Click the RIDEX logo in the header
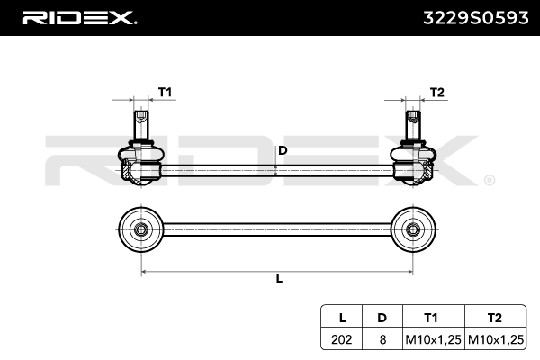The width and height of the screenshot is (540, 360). pyautogui.click(x=79, y=17)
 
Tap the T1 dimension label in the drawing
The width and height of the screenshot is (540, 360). pyautogui.click(x=166, y=92)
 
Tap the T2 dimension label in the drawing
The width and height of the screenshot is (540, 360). pyautogui.click(x=437, y=92)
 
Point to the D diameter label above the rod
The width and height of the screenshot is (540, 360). pyautogui.click(x=282, y=150)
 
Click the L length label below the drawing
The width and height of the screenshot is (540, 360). pyautogui.click(x=279, y=278)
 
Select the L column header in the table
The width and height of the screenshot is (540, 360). pyautogui.click(x=342, y=318)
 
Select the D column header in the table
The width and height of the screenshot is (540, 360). pyautogui.click(x=382, y=318)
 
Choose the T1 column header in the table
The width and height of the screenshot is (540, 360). pyautogui.click(x=431, y=318)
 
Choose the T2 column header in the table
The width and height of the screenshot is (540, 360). pyautogui.click(x=495, y=318)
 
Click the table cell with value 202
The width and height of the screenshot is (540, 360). pyautogui.click(x=342, y=339)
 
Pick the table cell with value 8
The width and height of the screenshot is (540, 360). pyautogui.click(x=382, y=339)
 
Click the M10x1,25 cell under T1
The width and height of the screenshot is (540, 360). pyautogui.click(x=431, y=339)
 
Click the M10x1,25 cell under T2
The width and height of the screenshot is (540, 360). pyautogui.click(x=495, y=339)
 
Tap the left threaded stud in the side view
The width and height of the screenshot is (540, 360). pyautogui.click(x=139, y=124)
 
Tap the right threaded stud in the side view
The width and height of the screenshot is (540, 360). pyautogui.click(x=412, y=124)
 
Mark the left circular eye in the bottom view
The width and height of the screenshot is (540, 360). pyautogui.click(x=140, y=229)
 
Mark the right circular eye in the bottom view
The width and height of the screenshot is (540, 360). pyautogui.click(x=412, y=229)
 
